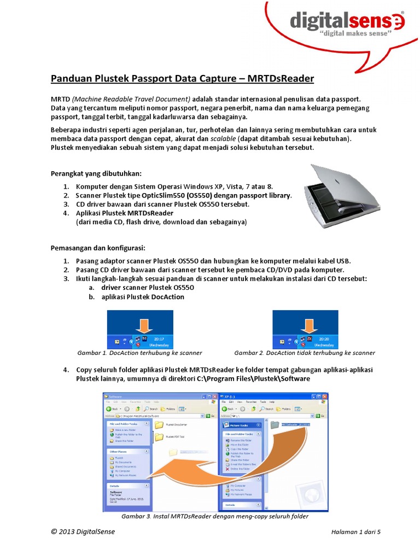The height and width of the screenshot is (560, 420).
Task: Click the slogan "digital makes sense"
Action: click(x=354, y=34)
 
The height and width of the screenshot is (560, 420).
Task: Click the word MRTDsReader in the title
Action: click(x=281, y=79)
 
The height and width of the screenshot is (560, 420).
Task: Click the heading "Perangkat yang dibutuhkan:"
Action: click(x=96, y=173)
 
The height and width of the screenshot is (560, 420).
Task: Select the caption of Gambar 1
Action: click(x=140, y=353)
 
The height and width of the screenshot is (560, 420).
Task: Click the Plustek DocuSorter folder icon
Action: click(x=159, y=424)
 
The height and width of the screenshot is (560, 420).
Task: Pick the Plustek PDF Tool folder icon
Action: click(x=159, y=437)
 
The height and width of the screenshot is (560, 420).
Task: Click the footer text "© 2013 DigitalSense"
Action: click(x=83, y=532)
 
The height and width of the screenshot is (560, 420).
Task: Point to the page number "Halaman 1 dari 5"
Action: click(x=355, y=532)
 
